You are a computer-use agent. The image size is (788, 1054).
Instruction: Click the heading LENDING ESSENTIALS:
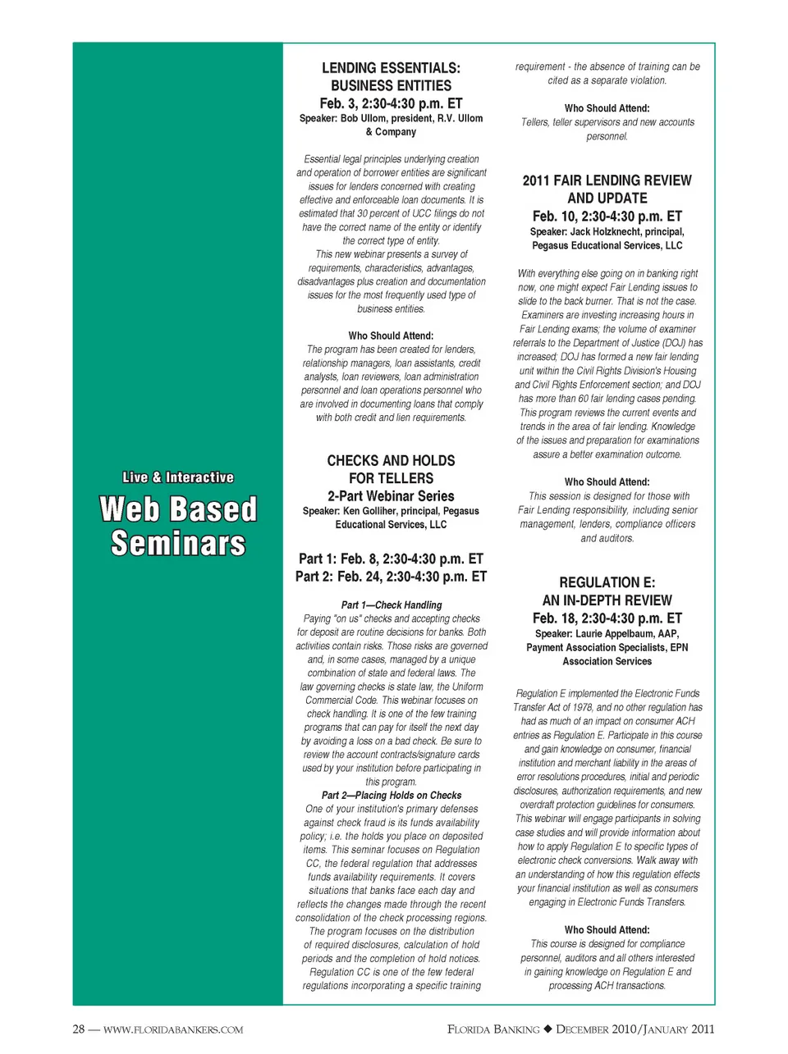tap(391, 68)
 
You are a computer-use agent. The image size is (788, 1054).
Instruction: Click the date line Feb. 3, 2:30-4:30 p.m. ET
tap(391, 103)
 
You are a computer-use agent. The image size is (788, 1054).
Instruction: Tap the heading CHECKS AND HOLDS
tap(391, 461)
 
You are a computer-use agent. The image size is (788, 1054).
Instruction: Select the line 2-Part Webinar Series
tap(391, 496)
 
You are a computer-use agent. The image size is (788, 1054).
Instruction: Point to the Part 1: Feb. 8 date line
tap(391, 559)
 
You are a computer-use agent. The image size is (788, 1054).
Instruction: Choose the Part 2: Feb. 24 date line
tap(391, 577)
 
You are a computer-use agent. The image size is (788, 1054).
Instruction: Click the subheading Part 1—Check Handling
tap(392, 605)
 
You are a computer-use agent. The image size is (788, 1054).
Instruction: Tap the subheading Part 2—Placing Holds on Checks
tap(392, 796)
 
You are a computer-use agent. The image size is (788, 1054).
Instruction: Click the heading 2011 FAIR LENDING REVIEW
tap(607, 180)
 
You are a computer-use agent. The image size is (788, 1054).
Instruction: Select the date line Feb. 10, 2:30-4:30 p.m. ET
tap(607, 217)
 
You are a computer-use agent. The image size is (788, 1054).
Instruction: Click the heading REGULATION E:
tap(607, 582)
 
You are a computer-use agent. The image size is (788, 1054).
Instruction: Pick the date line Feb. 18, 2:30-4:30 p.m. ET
tap(607, 618)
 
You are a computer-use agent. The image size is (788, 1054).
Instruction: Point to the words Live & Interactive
tap(178, 477)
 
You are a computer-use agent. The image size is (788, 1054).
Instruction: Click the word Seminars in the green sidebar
tap(178, 544)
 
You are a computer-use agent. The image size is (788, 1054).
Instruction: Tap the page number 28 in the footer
tap(79, 1029)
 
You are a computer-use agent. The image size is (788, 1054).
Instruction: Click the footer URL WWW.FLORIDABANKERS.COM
tap(173, 1030)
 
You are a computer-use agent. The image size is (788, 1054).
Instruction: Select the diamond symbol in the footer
tap(548, 1029)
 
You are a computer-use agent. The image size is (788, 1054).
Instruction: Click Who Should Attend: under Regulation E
tap(607, 930)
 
